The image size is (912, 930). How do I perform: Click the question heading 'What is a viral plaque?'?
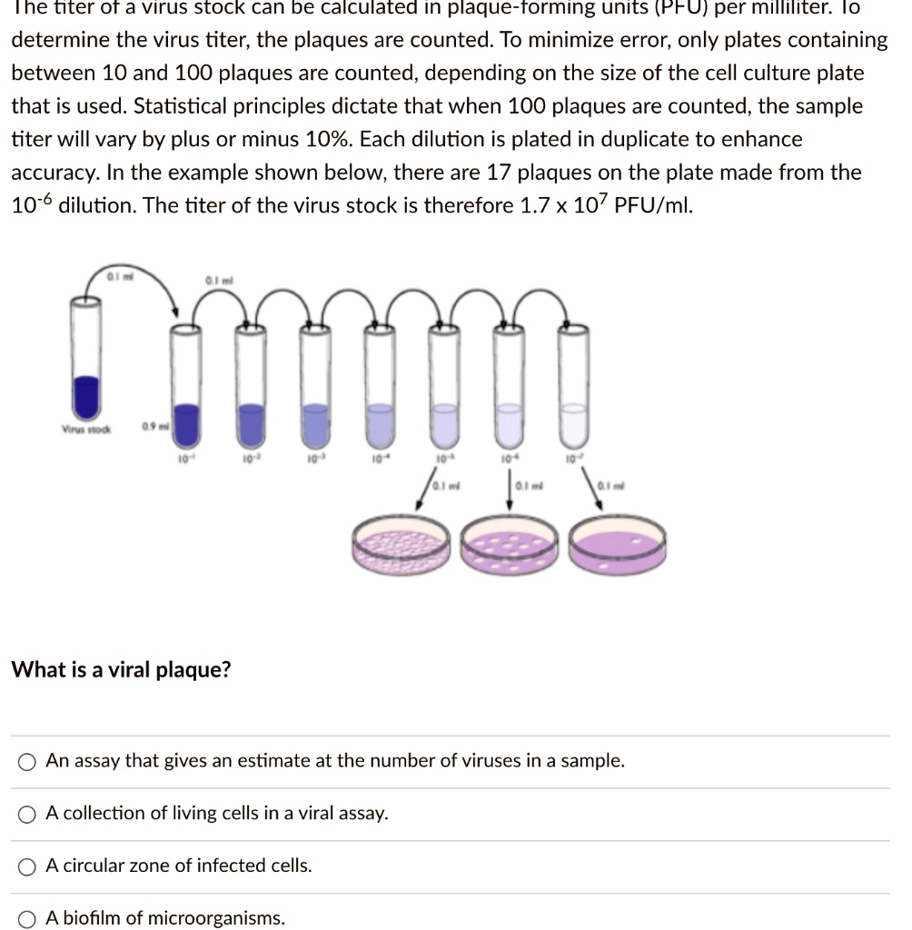(121, 670)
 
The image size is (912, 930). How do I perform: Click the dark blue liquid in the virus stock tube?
(86, 396)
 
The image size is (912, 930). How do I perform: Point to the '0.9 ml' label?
(153, 427)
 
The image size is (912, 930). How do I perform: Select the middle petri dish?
(510, 546)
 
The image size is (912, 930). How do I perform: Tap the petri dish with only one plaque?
(617, 546)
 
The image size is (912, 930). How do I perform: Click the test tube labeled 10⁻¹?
(185, 381)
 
